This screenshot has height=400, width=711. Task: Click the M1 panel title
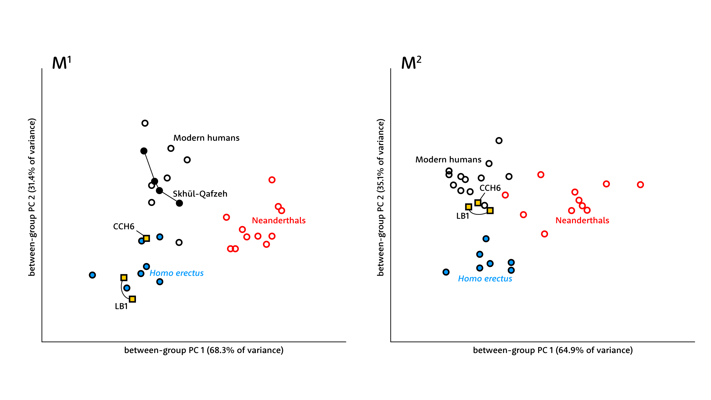click(x=61, y=63)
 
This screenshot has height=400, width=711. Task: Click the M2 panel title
click(x=411, y=63)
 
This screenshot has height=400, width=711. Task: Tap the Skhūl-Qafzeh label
click(x=200, y=194)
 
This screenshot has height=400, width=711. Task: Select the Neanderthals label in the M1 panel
click(x=278, y=220)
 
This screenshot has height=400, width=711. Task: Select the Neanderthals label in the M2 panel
click(x=582, y=220)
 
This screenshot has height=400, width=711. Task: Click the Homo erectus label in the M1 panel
click(x=176, y=273)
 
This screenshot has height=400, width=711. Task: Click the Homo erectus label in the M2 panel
click(x=485, y=279)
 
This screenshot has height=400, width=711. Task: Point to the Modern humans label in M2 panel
click(x=448, y=160)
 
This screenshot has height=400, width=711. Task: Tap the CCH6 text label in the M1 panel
click(x=123, y=226)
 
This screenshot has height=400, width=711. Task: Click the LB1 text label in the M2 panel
click(x=462, y=216)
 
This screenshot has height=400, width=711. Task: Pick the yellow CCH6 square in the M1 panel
click(x=146, y=238)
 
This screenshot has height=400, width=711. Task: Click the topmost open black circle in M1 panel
click(x=145, y=123)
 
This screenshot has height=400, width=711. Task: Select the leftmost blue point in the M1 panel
click(x=92, y=275)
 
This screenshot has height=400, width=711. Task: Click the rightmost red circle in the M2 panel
click(x=640, y=185)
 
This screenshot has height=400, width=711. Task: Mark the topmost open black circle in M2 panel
click(x=499, y=141)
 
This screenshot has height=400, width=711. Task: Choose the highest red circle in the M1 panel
click(x=272, y=180)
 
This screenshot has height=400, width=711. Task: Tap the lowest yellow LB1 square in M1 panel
click(x=132, y=299)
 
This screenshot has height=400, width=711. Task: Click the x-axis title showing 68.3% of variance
click(x=204, y=350)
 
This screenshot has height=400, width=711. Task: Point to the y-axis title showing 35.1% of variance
click(x=381, y=197)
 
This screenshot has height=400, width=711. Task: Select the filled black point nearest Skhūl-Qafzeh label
click(x=179, y=203)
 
